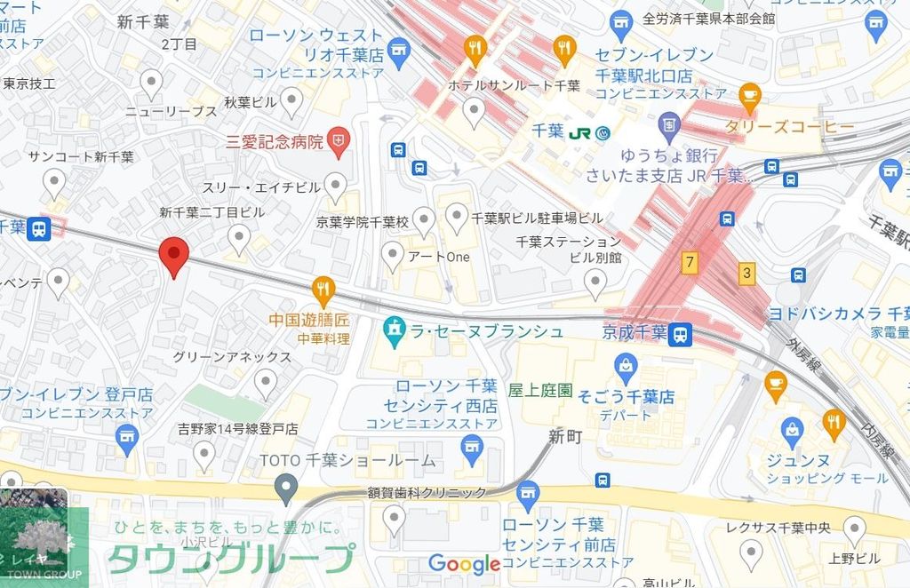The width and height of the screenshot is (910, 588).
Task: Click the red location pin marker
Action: [x=173, y=256]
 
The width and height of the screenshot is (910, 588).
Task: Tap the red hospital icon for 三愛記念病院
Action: [x=339, y=139]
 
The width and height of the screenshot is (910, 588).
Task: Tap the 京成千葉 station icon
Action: [x=681, y=334]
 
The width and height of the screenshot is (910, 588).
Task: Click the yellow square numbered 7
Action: [x=688, y=262]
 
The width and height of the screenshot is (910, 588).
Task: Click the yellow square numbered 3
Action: [x=746, y=274]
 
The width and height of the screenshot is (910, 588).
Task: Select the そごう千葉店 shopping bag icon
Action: [x=627, y=364]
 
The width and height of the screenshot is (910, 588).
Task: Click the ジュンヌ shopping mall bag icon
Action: [x=792, y=432]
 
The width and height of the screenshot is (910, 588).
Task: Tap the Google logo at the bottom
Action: [x=464, y=563]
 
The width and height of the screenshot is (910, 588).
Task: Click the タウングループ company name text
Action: [x=230, y=558]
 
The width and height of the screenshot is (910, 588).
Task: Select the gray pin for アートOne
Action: [x=392, y=256]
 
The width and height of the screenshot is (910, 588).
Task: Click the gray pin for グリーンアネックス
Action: [x=266, y=383]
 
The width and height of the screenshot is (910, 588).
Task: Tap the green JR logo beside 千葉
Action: [x=581, y=132]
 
